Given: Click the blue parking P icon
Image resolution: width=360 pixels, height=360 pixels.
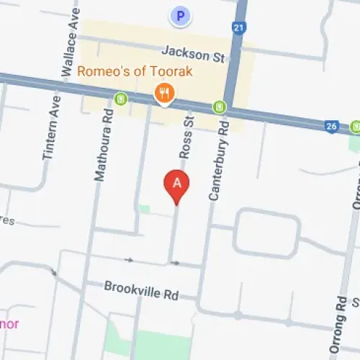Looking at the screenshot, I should pos(180,14).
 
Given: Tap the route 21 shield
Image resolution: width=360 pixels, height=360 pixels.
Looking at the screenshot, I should pos(238,27).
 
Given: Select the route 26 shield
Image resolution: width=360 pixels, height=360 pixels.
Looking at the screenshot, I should pos(331,126).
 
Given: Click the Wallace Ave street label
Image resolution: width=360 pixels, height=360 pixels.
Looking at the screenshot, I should pos(71,39).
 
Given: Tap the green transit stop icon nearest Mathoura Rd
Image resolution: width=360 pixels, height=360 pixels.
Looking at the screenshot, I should pos(122,98).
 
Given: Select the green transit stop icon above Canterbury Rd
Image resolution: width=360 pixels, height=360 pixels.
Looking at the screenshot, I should pos(219,108).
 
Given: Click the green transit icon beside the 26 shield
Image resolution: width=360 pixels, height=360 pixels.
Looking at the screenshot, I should pos(355,127).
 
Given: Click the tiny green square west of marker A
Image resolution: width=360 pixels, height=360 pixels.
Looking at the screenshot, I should pos(145,210).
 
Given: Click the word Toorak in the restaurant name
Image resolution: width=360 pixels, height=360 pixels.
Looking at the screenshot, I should pos(174,72).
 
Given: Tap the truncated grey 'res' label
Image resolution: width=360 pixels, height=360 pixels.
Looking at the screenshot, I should pos(7,220).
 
